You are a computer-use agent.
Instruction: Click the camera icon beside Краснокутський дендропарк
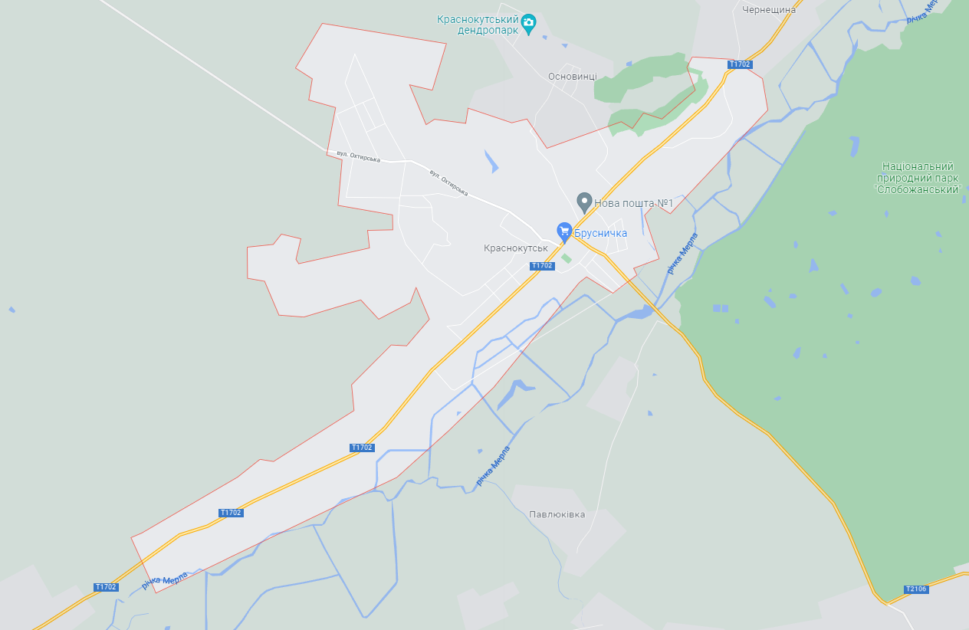coord(528,25)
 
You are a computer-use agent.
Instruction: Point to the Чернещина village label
coord(769,10)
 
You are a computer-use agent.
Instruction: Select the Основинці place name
coord(573,77)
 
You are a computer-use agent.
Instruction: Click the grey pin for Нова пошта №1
coord(584,202)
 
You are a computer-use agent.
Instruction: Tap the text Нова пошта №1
coord(633,203)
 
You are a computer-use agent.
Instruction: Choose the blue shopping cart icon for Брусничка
coord(564,231)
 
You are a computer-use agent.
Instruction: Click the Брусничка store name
coord(601,233)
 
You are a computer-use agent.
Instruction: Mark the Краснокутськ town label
coord(515,248)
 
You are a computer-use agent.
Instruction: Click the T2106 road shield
coord(915,589)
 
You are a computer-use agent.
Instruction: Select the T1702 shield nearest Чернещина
coord(740,64)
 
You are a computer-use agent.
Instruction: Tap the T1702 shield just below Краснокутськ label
coord(541,266)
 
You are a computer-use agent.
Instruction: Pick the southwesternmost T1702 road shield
coord(106,587)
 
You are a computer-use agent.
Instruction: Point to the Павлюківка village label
coord(557,514)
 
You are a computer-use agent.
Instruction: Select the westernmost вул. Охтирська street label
coord(358,156)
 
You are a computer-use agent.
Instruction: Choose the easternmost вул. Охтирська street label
coord(448,182)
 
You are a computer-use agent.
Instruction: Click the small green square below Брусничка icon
coord(566,258)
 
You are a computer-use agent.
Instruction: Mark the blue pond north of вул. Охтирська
coord(491,160)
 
